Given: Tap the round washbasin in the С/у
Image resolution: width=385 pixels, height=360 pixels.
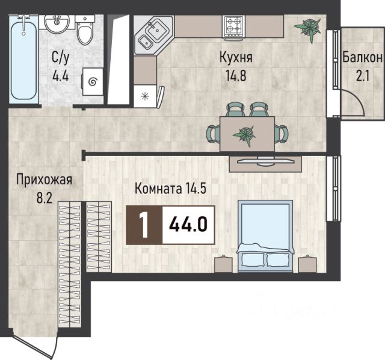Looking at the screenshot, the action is [57, 23].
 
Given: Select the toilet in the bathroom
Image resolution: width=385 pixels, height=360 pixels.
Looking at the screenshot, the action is [85, 30].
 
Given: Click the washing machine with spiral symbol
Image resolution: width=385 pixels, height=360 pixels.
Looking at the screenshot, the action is [93, 82].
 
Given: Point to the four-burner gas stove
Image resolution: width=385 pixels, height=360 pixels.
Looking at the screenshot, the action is [233, 26].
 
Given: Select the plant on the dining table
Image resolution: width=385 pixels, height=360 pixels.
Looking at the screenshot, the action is [245, 135].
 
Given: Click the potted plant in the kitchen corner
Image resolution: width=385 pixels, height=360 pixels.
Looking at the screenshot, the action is [308, 28].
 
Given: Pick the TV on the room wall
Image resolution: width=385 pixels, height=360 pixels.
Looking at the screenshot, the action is [265, 161].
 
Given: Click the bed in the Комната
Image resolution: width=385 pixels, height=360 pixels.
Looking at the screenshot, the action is [265, 236].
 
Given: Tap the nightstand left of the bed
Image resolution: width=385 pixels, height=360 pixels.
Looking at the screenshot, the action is [223, 264].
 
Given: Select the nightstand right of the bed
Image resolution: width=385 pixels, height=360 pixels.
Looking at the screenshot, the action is [307, 264].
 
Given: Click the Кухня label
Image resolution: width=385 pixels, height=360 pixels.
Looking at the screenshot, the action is [236, 57].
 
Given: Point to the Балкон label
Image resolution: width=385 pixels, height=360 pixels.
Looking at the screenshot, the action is [362, 58].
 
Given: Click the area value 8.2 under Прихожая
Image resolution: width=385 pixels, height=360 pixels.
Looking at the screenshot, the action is [45, 197].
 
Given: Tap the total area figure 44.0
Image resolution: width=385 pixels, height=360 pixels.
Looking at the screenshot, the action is [188, 225].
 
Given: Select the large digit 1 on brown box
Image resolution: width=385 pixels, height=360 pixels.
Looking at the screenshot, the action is [144, 225].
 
